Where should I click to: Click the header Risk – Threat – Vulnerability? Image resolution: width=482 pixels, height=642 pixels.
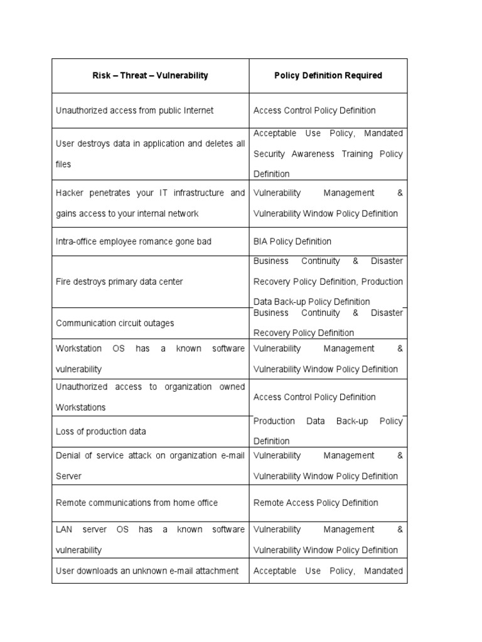[x=150, y=75]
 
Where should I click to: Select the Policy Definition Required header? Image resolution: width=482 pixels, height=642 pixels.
[x=328, y=75]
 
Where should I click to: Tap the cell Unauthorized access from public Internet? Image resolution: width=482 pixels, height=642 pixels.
[x=134, y=110]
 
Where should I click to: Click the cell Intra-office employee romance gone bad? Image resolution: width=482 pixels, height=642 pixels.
[x=134, y=241]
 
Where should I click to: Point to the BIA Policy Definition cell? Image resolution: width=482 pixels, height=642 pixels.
[x=292, y=241]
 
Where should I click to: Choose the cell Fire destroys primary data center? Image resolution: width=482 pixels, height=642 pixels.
[x=119, y=282]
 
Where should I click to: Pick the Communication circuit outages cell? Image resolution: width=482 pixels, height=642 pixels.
[x=115, y=323]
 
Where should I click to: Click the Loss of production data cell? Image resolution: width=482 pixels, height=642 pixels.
[x=100, y=431]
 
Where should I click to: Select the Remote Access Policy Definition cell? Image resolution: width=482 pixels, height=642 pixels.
[x=316, y=502]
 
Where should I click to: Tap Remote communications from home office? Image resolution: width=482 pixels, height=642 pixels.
[x=137, y=502]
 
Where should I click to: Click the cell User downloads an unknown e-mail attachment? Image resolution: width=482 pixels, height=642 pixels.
[x=147, y=571]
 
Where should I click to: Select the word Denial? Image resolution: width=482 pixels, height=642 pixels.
[x=68, y=455]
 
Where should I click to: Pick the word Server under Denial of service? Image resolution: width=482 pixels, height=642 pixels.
[x=68, y=476]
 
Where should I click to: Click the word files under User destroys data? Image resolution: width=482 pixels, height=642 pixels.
[x=63, y=164]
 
